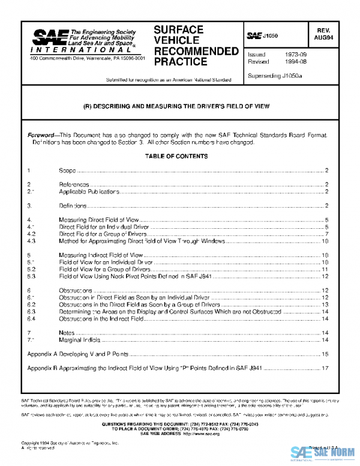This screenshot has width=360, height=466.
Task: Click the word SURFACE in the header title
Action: [178, 29]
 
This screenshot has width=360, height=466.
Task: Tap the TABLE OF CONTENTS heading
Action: [176, 156]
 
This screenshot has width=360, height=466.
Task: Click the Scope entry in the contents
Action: [67, 171]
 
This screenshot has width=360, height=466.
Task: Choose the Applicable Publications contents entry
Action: [89, 191]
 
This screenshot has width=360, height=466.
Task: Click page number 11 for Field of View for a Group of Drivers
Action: [324, 270]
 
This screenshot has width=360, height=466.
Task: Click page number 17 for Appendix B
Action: [324, 369]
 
